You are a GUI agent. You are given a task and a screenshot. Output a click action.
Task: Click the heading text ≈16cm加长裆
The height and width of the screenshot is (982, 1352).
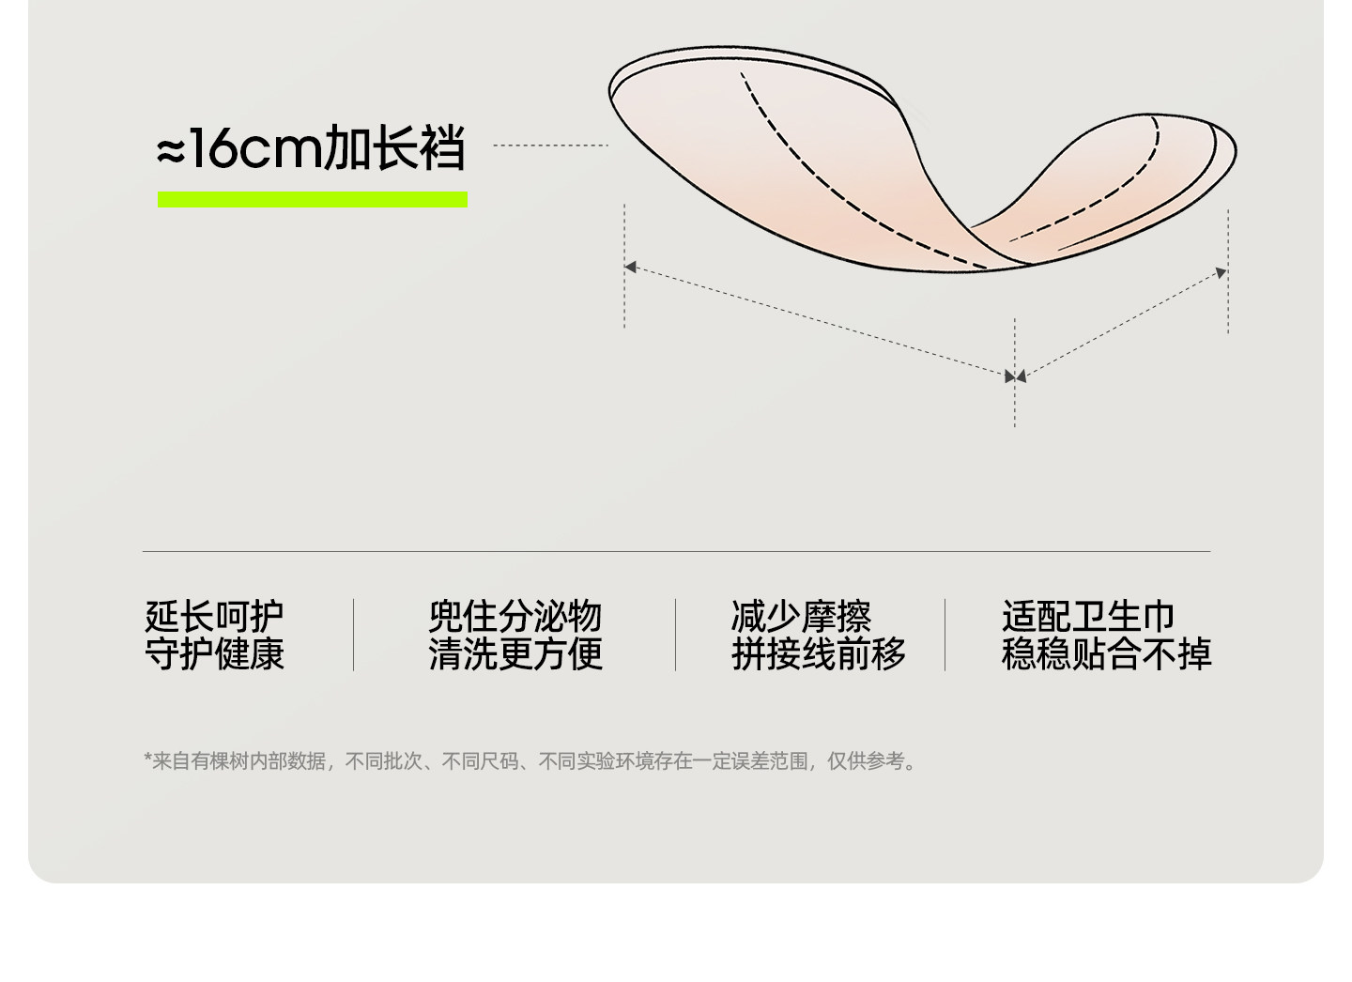(311, 149)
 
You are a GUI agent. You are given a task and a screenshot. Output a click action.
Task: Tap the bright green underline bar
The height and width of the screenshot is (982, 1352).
(312, 199)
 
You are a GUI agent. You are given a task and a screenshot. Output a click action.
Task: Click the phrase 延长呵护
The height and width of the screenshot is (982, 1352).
(214, 617)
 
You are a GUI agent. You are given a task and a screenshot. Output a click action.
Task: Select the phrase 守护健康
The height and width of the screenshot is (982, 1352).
(214, 653)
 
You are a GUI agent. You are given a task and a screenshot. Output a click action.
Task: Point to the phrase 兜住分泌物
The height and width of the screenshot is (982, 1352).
(515, 617)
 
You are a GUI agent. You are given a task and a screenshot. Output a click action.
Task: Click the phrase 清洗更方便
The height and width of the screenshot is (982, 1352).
(515, 653)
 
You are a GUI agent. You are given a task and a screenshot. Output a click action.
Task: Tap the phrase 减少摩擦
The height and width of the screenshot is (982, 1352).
(801, 617)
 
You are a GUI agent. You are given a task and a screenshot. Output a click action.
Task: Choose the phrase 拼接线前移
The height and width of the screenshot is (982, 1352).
(819, 653)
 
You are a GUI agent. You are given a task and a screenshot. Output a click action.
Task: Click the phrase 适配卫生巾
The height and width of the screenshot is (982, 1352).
(1088, 617)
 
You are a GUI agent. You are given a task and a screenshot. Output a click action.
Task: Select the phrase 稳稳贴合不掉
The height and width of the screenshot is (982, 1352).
(1106, 653)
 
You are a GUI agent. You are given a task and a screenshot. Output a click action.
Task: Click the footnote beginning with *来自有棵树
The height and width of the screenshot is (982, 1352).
(530, 761)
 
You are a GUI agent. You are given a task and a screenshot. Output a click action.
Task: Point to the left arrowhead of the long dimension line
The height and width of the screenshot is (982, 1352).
(631, 268)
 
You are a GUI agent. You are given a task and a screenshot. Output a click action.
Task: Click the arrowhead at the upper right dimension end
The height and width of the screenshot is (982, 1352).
(1221, 273)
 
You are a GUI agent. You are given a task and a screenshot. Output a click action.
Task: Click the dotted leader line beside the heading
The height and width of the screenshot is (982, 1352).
(550, 146)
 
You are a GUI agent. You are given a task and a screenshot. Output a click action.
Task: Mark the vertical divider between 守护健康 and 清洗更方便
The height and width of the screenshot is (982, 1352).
(353, 635)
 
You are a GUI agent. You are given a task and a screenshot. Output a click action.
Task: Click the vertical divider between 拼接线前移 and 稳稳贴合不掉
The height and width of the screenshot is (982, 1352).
(945, 635)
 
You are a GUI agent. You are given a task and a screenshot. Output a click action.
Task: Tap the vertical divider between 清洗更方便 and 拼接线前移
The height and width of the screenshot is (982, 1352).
(675, 635)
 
